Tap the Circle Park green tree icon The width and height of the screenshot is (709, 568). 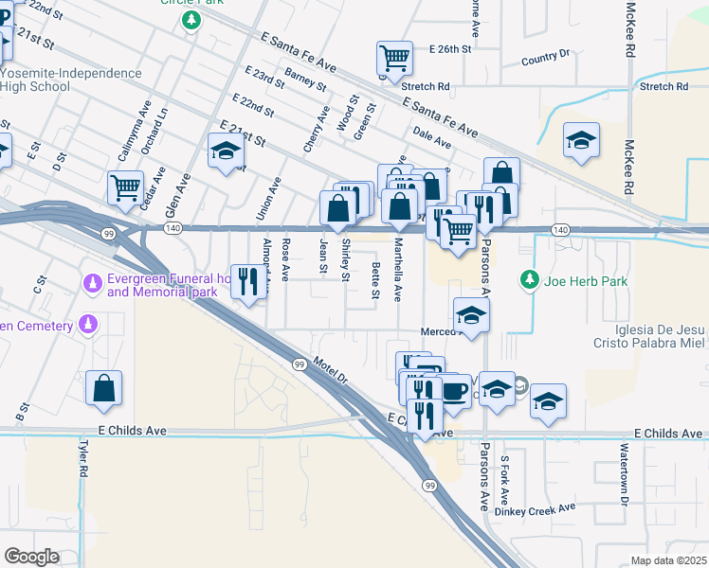192,20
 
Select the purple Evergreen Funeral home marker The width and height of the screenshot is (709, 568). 93,283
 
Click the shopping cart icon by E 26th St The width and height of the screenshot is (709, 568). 393,58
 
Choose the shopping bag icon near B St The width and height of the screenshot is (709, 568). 103,388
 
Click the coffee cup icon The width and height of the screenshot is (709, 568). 455,390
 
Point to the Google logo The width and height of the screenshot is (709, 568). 31,556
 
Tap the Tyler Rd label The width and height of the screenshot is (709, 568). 84,458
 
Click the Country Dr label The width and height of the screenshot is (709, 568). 545,59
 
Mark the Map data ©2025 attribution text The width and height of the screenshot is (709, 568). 668,560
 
